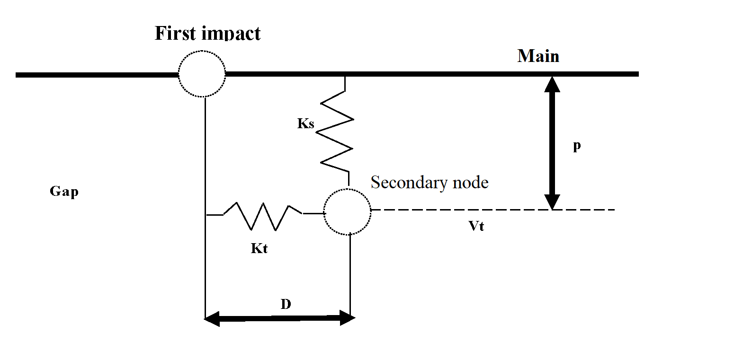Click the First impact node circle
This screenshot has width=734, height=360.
(x=202, y=74)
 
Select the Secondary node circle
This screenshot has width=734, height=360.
(x=348, y=211)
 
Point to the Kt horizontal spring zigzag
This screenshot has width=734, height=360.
(x=263, y=215)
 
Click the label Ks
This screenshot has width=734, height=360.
(x=306, y=124)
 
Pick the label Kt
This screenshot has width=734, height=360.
(x=259, y=248)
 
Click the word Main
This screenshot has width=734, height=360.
(x=538, y=56)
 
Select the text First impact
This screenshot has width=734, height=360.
(x=207, y=33)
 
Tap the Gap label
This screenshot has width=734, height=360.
(x=64, y=192)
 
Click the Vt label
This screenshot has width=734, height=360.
(x=476, y=226)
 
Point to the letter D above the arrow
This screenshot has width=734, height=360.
(x=286, y=304)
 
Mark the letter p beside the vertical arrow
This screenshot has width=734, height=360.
(x=577, y=146)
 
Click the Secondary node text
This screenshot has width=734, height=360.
(x=429, y=182)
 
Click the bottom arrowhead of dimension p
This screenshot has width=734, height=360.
(x=552, y=202)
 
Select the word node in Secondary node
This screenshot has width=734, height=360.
(x=468, y=182)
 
